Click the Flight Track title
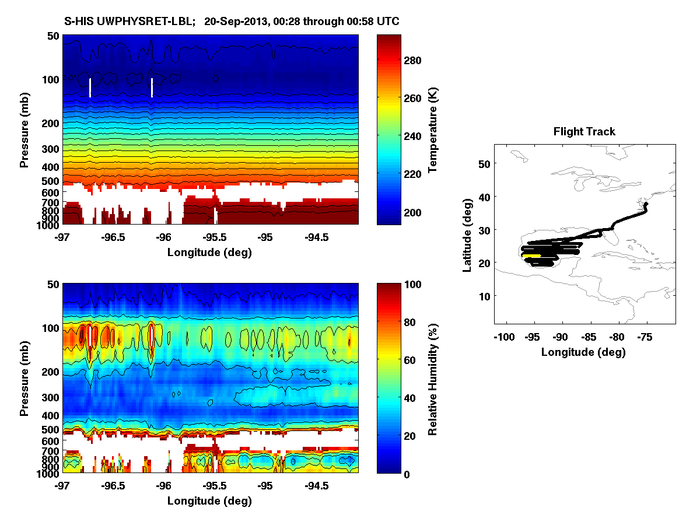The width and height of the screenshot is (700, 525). tap(584, 132)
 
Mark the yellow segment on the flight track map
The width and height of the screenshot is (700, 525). tap(531, 256)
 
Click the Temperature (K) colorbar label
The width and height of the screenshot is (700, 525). tap(432, 129)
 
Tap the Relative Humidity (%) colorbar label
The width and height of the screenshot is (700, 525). tap(432, 379)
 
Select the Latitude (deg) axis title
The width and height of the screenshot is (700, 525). tap(467, 234)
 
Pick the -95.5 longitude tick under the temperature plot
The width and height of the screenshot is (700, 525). tap(215, 237)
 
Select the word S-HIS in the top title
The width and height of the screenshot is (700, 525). tap(78, 22)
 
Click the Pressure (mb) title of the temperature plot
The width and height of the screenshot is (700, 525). tap(24, 129)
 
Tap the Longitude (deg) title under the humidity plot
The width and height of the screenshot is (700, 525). tap(209, 501)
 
